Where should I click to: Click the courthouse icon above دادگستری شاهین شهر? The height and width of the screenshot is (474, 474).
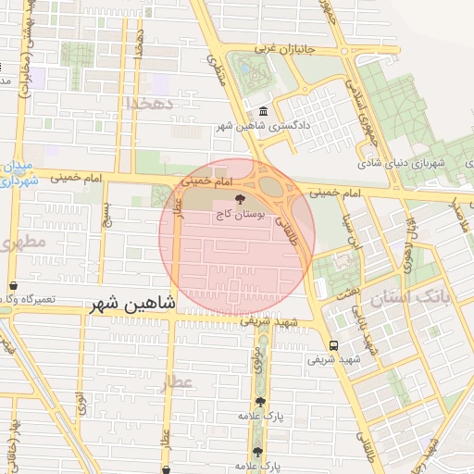264,113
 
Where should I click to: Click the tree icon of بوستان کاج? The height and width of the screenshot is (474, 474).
240,198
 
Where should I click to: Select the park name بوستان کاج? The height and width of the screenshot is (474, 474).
241,214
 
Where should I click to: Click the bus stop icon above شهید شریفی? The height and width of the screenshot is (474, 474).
333,344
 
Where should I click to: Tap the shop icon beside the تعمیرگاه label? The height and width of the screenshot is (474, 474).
13,286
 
